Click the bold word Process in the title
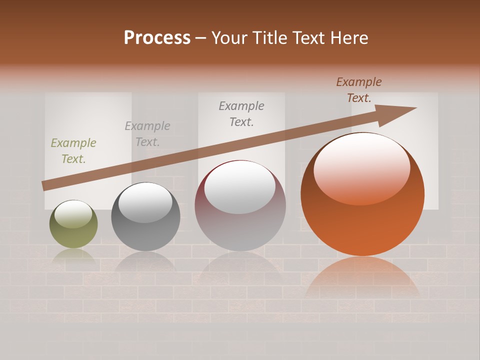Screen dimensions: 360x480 tap(157, 38)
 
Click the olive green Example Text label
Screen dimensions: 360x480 tap(73, 151)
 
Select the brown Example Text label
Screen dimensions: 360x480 tap(359, 90)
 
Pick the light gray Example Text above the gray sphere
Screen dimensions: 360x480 tap(147, 134)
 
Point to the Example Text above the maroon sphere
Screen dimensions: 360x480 tap(241, 114)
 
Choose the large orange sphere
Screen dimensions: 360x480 tap(362, 220)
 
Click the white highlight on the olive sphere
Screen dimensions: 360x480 tap(73, 214)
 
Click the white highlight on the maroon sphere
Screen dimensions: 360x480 tap(240, 187)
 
